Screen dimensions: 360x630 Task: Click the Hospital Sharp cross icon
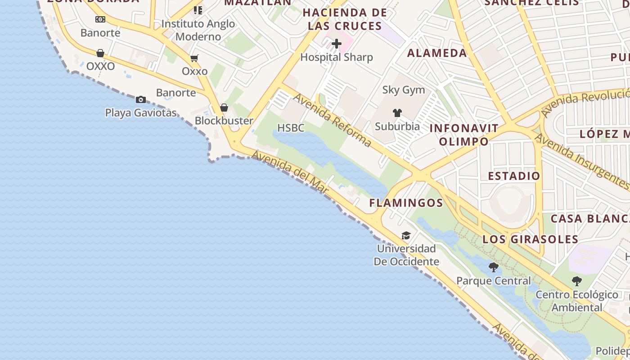click(x=337, y=44)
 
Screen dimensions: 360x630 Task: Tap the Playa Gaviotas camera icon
click(x=141, y=99)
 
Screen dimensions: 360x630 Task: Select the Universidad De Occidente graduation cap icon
click(x=406, y=236)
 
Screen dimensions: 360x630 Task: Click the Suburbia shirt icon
click(x=397, y=112)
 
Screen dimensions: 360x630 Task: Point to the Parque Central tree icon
click(x=494, y=267)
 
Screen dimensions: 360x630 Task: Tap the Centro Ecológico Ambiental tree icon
click(x=577, y=281)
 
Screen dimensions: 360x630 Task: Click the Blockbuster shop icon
click(x=224, y=108)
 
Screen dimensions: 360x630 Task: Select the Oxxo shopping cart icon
click(x=194, y=58)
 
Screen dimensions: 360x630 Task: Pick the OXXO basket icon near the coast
click(x=100, y=53)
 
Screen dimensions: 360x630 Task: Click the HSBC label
click(x=291, y=128)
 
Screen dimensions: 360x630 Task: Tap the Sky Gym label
click(x=404, y=90)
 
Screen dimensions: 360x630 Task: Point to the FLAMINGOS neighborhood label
click(x=406, y=203)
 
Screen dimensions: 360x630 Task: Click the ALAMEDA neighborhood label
click(x=437, y=53)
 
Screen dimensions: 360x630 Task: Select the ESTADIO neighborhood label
click(x=514, y=176)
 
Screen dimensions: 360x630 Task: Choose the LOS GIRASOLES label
click(x=530, y=239)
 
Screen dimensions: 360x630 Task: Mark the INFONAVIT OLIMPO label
click(x=464, y=135)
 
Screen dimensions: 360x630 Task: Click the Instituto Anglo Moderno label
click(x=198, y=30)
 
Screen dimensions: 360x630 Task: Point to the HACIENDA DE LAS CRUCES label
click(x=345, y=19)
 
